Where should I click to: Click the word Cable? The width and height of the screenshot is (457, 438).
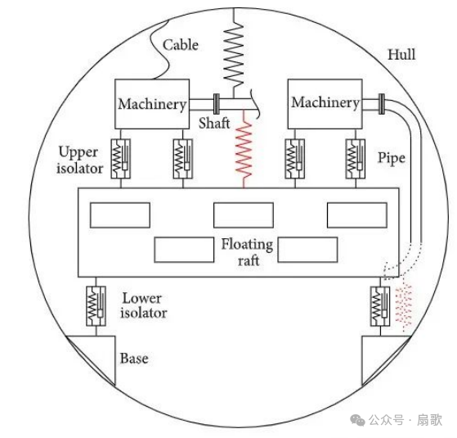(181, 45)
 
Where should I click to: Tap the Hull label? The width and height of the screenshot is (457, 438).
(401, 55)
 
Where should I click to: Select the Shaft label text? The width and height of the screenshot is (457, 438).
(214, 123)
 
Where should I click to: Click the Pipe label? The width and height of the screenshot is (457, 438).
(392, 159)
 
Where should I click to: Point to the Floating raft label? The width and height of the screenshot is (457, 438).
(247, 252)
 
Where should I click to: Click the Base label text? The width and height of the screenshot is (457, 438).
(134, 359)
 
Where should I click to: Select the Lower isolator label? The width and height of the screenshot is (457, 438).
(144, 305)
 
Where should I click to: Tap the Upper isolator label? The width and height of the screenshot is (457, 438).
(80, 160)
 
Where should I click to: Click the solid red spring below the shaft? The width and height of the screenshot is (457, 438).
(244, 149)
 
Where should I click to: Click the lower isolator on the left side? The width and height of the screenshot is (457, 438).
(96, 306)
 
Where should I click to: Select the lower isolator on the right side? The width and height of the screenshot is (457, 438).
(380, 306)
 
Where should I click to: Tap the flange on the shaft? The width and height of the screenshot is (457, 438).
(217, 104)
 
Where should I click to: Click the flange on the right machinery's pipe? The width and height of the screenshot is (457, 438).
(382, 104)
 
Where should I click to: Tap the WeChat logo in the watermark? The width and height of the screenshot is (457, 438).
(357, 420)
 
